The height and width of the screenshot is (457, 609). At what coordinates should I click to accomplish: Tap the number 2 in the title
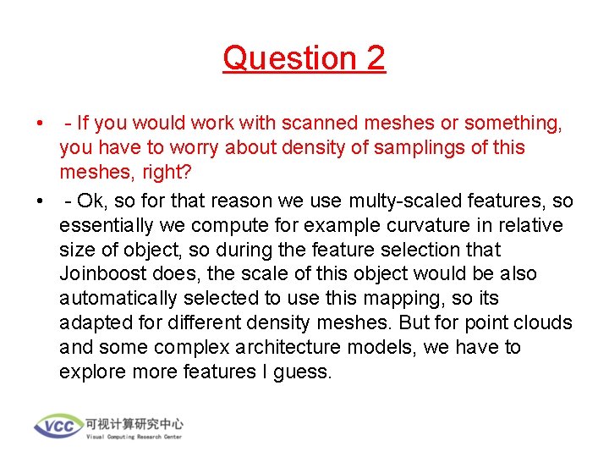375,58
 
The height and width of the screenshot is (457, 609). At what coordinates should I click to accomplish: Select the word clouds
543,323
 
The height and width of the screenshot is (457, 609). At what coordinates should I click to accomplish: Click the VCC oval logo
58,425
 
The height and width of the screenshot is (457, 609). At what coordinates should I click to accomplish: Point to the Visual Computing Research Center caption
134,437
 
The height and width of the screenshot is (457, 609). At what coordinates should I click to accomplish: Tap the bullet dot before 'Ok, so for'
40,201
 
